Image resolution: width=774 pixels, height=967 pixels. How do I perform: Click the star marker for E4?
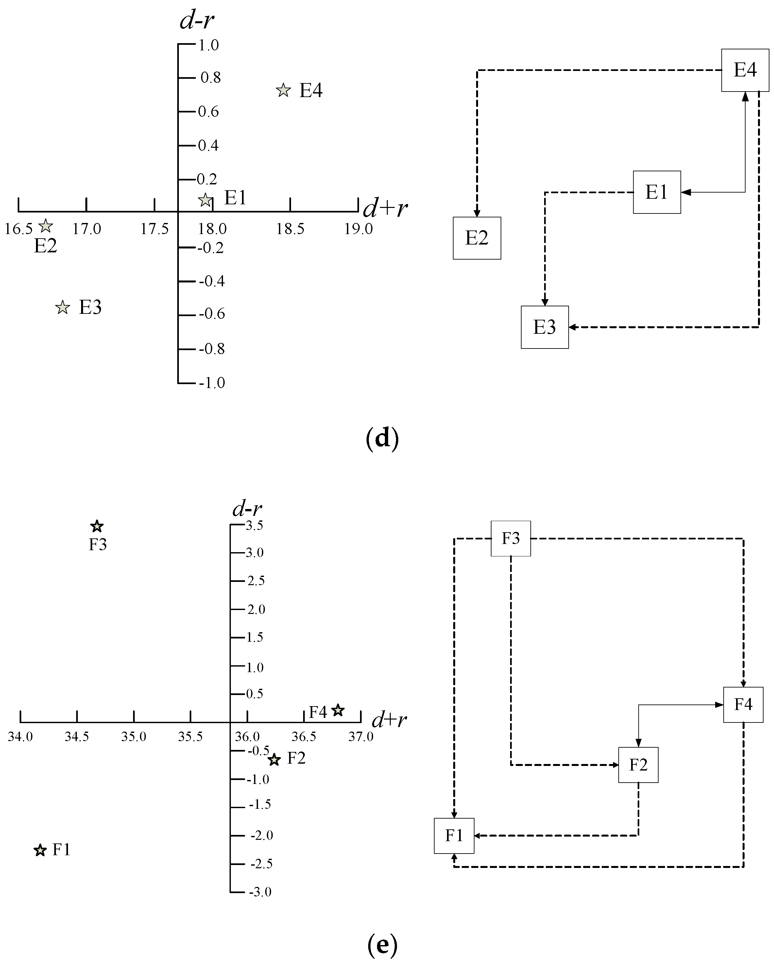click(283, 91)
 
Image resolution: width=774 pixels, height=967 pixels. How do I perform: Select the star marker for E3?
click(63, 308)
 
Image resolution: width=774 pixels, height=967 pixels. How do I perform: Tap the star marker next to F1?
click(40, 850)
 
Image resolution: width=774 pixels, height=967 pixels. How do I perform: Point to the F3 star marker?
click(97, 526)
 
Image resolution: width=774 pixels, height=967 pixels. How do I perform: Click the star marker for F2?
click(274, 760)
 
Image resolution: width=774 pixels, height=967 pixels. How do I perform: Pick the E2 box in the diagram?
click(476, 238)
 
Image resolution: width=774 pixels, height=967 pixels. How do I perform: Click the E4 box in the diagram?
click(745, 70)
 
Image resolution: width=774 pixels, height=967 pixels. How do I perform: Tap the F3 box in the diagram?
click(511, 538)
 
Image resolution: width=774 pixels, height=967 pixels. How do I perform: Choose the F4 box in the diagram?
click(743, 704)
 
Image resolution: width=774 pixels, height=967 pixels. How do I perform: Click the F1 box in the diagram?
click(454, 836)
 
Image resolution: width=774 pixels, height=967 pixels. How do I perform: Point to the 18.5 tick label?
click(290, 229)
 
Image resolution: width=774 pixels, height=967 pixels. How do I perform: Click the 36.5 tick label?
click(304, 737)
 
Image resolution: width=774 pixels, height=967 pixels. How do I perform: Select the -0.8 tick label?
click(212, 349)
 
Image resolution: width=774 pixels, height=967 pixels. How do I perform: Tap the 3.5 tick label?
click(254, 526)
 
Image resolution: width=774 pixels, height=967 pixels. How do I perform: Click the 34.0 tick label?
click(20, 737)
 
